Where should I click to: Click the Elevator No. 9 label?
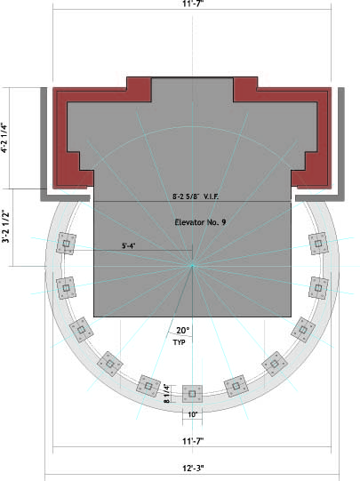(x=200, y=222)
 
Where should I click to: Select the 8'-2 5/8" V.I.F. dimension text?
(x=196, y=196)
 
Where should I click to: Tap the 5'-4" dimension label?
(x=129, y=245)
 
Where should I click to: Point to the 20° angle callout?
(x=183, y=331)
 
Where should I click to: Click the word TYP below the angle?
(x=179, y=342)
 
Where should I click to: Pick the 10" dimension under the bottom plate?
(x=192, y=414)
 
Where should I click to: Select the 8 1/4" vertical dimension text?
(x=166, y=394)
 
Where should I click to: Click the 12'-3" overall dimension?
(x=193, y=469)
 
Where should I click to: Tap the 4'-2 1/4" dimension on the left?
(x=4, y=138)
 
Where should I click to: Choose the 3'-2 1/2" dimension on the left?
(x=6, y=227)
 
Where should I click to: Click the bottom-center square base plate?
(x=192, y=394)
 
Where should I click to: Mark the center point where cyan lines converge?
(x=193, y=266)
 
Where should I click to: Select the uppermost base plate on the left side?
(x=67, y=244)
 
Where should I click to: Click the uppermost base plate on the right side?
(x=318, y=244)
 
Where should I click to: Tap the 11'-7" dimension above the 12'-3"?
(x=193, y=441)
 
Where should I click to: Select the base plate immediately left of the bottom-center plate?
(x=148, y=386)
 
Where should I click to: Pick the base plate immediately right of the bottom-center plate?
(x=236, y=386)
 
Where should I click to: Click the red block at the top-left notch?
(x=139, y=89)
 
